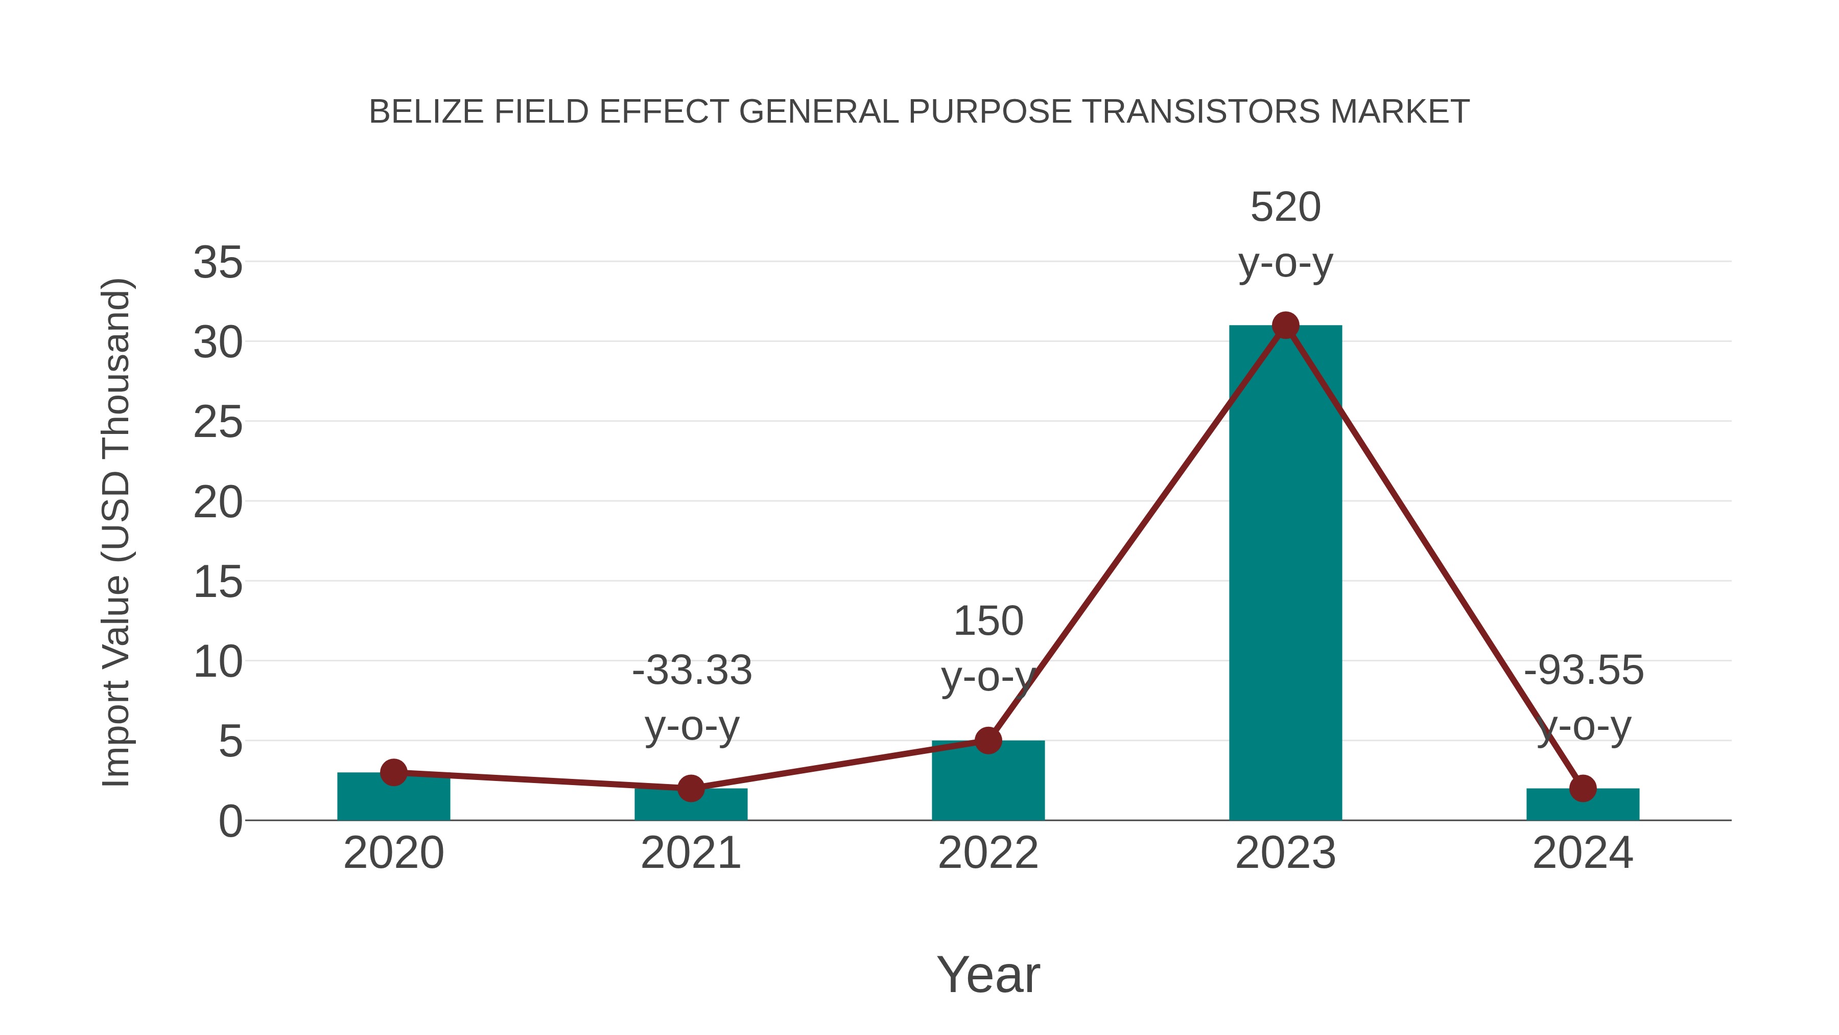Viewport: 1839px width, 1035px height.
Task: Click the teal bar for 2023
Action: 1285,571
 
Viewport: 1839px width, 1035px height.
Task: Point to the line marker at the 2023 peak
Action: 1285,326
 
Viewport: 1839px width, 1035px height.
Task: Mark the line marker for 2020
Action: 393,772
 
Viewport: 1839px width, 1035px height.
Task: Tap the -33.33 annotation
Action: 692,670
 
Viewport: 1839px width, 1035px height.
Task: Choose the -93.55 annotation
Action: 1584,670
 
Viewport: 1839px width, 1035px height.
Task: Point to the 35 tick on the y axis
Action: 218,262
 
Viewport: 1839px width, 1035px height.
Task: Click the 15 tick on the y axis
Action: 218,582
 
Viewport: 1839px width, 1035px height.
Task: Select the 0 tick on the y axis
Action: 230,821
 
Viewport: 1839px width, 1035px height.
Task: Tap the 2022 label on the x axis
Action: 988,853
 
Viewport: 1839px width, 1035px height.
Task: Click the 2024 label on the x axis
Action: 1583,853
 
